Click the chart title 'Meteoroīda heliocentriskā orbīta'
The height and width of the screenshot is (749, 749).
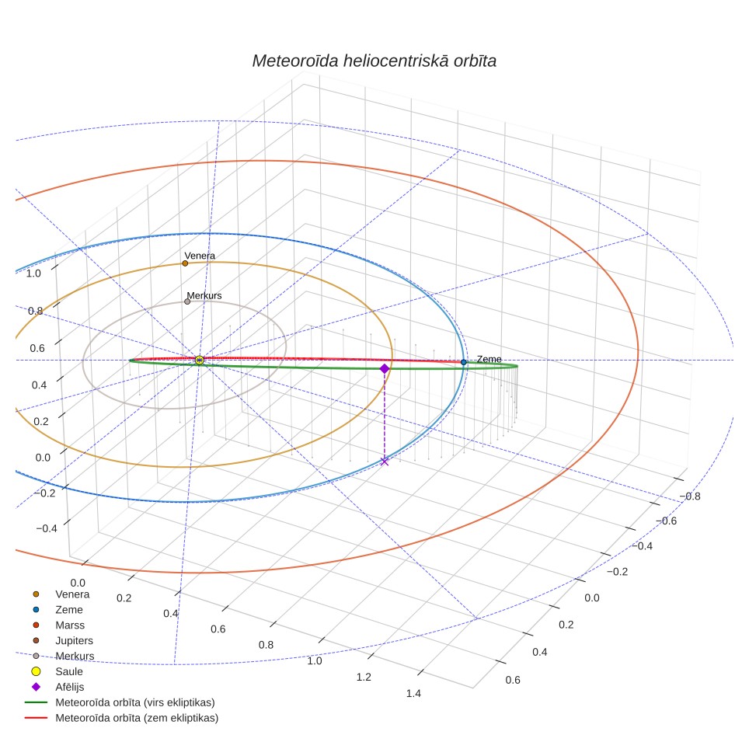tap(374, 61)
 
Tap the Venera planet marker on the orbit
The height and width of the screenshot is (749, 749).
tap(185, 263)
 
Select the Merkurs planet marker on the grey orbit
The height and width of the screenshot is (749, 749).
tap(187, 301)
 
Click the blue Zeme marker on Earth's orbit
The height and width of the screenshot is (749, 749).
tap(463, 362)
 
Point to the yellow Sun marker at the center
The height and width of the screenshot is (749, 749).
tap(200, 361)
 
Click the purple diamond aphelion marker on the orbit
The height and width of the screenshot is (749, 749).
tap(385, 368)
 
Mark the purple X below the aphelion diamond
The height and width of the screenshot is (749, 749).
tap(384, 461)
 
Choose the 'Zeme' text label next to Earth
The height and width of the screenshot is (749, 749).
tap(489, 359)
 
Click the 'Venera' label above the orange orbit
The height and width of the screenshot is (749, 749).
tap(200, 256)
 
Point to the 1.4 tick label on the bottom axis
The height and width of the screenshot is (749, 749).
tap(413, 694)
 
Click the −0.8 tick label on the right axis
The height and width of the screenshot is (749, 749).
tap(690, 496)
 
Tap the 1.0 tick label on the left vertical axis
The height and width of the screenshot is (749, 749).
tap(33, 273)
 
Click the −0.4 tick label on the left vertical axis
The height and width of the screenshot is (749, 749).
tap(47, 528)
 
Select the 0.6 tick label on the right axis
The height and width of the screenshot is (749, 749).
tap(513, 680)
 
